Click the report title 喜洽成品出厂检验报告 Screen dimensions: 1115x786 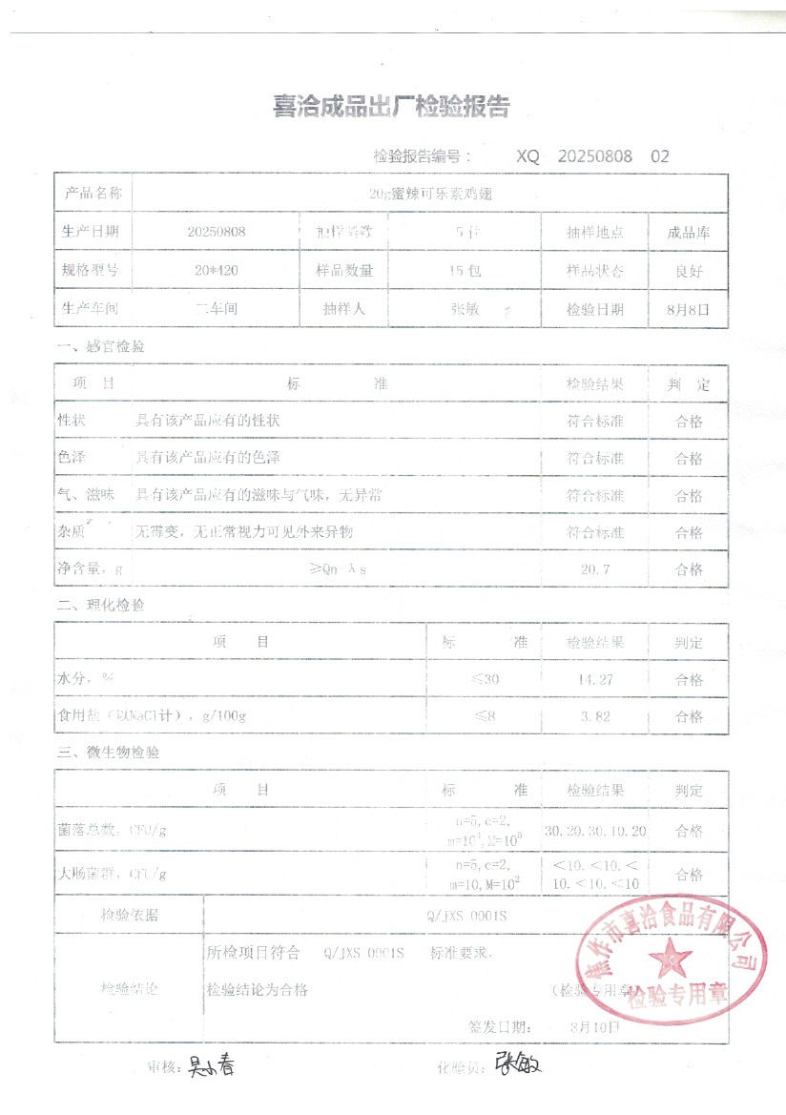pos(391,107)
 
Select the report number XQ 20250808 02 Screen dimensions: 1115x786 pos(593,156)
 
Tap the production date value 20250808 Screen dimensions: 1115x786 pos(217,232)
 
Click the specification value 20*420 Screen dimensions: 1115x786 pos(217,271)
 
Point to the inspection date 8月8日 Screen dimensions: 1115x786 pos(688,310)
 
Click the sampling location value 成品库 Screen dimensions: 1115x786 pos(688,232)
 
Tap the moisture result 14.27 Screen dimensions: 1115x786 pos(594,680)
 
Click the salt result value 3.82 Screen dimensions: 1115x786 pos(594,717)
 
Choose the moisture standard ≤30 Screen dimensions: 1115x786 pos(485,680)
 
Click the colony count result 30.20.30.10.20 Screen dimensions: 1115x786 pos(595,831)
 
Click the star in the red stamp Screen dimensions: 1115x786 pos(673,956)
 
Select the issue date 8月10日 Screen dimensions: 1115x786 pos(593,1027)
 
